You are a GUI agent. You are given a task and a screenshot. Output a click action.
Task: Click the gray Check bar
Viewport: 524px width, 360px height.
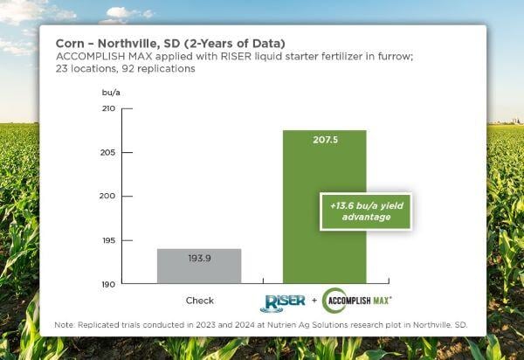tap(199, 267)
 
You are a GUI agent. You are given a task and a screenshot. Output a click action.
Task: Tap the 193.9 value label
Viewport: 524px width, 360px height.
tap(199, 259)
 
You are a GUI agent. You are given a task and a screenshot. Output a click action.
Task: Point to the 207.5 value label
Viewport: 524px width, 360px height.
tap(324, 139)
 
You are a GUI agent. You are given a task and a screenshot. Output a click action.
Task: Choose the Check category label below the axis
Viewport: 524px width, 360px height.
tap(199, 301)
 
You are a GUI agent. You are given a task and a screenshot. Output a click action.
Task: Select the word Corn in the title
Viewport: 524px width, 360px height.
tap(71, 42)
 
